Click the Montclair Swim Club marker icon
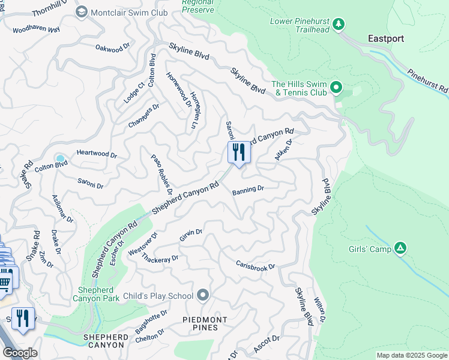pos(81,12)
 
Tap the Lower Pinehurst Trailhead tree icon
pos(339,24)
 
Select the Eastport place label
pos(385,38)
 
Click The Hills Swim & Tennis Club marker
pos(336,88)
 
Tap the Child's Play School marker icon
pos(203,295)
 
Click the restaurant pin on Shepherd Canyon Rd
pos(238,152)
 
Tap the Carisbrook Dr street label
pos(255,265)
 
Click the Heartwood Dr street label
pos(97,154)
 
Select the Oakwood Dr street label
pos(112,47)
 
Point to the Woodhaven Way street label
pos(36,29)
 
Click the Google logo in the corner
pos(19,353)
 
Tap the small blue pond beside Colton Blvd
pos(60,158)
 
